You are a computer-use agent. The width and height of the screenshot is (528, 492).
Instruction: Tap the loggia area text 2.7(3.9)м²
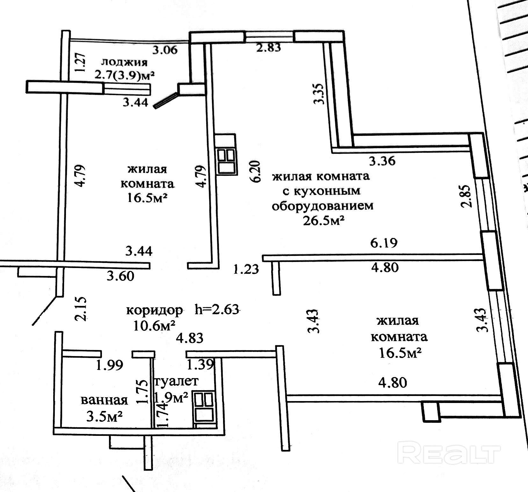click(x=124, y=76)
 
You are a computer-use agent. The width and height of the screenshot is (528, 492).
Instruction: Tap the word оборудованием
click(x=322, y=205)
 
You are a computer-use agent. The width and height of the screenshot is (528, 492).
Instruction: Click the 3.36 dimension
click(x=382, y=160)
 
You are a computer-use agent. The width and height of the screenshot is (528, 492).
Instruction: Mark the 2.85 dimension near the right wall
click(x=466, y=196)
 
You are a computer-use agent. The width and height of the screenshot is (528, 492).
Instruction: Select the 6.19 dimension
click(x=384, y=243)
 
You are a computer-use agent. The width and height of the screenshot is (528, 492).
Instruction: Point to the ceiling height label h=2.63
click(x=217, y=309)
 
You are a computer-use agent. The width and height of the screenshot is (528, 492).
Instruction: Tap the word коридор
click(x=155, y=310)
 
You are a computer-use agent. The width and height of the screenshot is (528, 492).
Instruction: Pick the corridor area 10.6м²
click(x=155, y=326)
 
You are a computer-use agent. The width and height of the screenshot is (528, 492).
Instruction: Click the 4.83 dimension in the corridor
click(x=190, y=338)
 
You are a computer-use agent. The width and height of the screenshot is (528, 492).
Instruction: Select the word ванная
click(x=105, y=400)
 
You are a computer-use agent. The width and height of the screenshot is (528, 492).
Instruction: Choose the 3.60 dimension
click(x=120, y=276)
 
